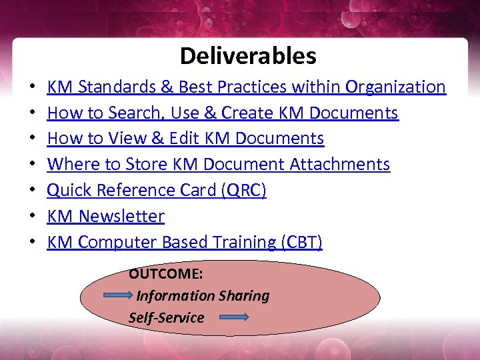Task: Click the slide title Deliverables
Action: (248, 56)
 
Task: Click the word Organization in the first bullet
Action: (396, 87)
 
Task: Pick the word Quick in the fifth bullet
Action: (70, 191)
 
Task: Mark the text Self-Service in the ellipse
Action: (166, 318)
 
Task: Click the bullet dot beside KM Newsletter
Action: (32, 217)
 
